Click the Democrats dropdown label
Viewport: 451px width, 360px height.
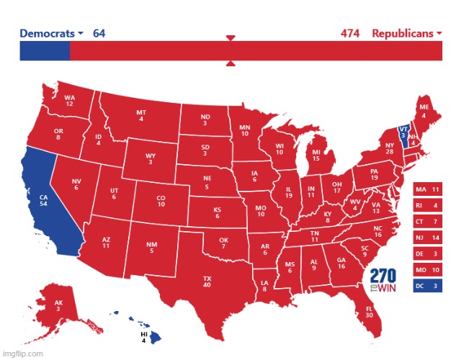pyautogui.click(x=50, y=34)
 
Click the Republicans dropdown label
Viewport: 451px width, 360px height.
pyautogui.click(x=407, y=34)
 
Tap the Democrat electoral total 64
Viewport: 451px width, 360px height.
pyautogui.click(x=99, y=34)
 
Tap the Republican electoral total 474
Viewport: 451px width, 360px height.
pyautogui.click(x=350, y=34)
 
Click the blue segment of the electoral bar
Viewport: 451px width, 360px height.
pyautogui.click(x=45, y=51)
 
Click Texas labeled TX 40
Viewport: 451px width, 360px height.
pyautogui.click(x=207, y=281)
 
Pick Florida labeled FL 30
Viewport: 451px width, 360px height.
pyautogui.click(x=369, y=311)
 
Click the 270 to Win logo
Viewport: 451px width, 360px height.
pyautogui.click(x=383, y=281)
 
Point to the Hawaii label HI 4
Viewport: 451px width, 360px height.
pyautogui.click(x=144, y=337)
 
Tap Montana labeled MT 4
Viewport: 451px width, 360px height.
pyautogui.click(x=140, y=115)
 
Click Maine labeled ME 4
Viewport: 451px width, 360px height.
pyautogui.click(x=424, y=110)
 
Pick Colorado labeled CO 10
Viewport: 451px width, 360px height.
pyautogui.click(x=161, y=200)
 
